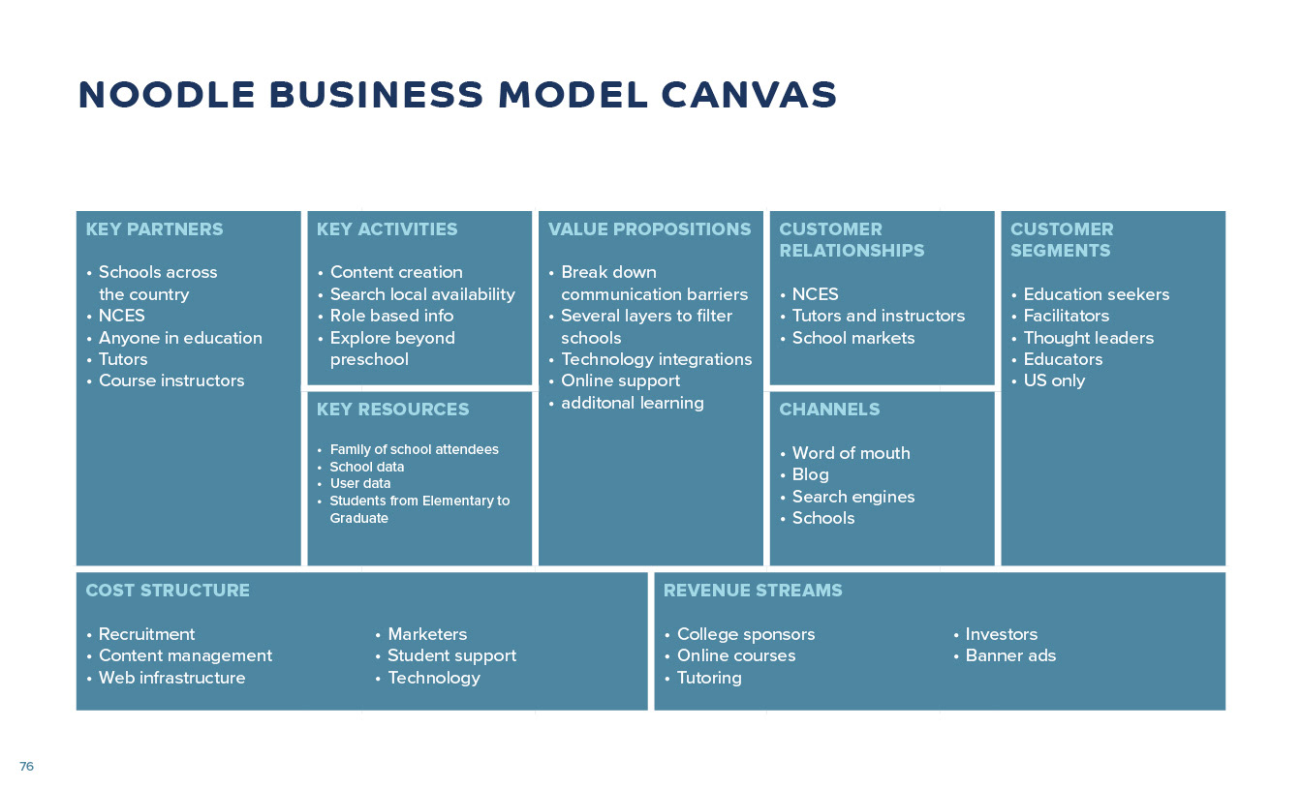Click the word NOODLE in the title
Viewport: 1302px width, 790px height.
tap(167, 95)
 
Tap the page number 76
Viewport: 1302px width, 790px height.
tap(26, 766)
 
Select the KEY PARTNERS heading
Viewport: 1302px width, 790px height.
tap(154, 229)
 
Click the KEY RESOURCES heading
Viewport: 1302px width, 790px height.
tap(392, 410)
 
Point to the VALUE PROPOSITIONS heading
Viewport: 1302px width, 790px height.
tap(649, 229)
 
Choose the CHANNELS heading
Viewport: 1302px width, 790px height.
tap(829, 410)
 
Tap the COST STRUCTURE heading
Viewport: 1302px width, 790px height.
tap(168, 591)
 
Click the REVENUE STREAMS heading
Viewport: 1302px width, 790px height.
tap(752, 591)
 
